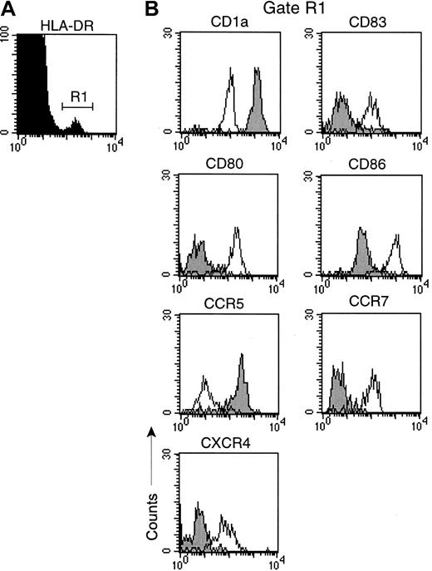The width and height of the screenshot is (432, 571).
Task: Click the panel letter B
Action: click(x=152, y=9)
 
